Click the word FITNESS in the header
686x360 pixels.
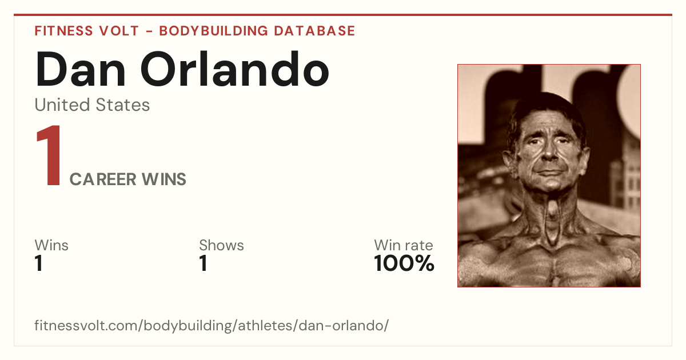tap(63, 31)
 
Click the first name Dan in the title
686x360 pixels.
tap(81, 69)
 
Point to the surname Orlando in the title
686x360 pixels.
tap(235, 69)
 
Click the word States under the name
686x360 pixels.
tap(123, 105)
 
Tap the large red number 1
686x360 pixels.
tap(49, 155)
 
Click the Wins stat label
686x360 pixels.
tap(51, 245)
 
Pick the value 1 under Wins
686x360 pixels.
tap(39, 263)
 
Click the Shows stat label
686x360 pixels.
tap(221, 245)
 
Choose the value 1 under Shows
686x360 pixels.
tap(204, 263)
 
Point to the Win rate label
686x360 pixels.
tap(404, 245)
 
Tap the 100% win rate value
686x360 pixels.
tap(404, 263)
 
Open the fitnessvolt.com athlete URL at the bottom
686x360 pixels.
tap(212, 325)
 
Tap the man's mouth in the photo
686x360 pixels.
tap(550, 172)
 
